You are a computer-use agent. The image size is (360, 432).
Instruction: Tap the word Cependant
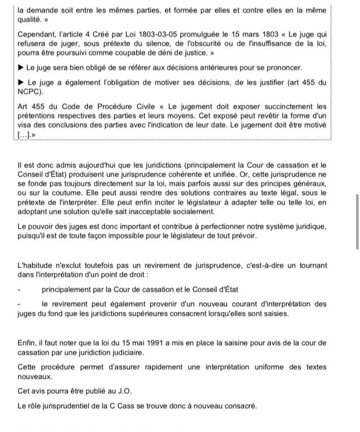click(x=37, y=34)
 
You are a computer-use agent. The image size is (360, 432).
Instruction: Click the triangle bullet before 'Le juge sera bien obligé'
click(x=21, y=68)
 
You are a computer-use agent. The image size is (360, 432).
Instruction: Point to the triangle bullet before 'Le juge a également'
click(x=21, y=83)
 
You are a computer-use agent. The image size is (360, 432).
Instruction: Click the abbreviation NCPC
click(x=29, y=92)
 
